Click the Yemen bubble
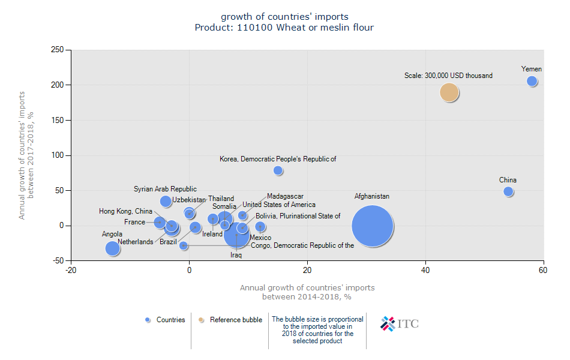(532, 81)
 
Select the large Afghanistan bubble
(372, 226)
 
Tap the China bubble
(508, 191)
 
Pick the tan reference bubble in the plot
(449, 92)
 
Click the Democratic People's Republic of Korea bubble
(278, 170)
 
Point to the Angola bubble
(112, 248)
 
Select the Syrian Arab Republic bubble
(166, 202)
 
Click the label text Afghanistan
(371, 196)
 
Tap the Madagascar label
(285, 196)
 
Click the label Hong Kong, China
(125, 211)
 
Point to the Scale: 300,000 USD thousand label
(448, 76)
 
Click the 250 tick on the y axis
(58, 50)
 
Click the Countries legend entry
(166, 320)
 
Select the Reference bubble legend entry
(231, 320)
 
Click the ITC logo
(400, 324)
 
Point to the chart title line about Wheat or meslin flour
(284, 28)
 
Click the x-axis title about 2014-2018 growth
(307, 292)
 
